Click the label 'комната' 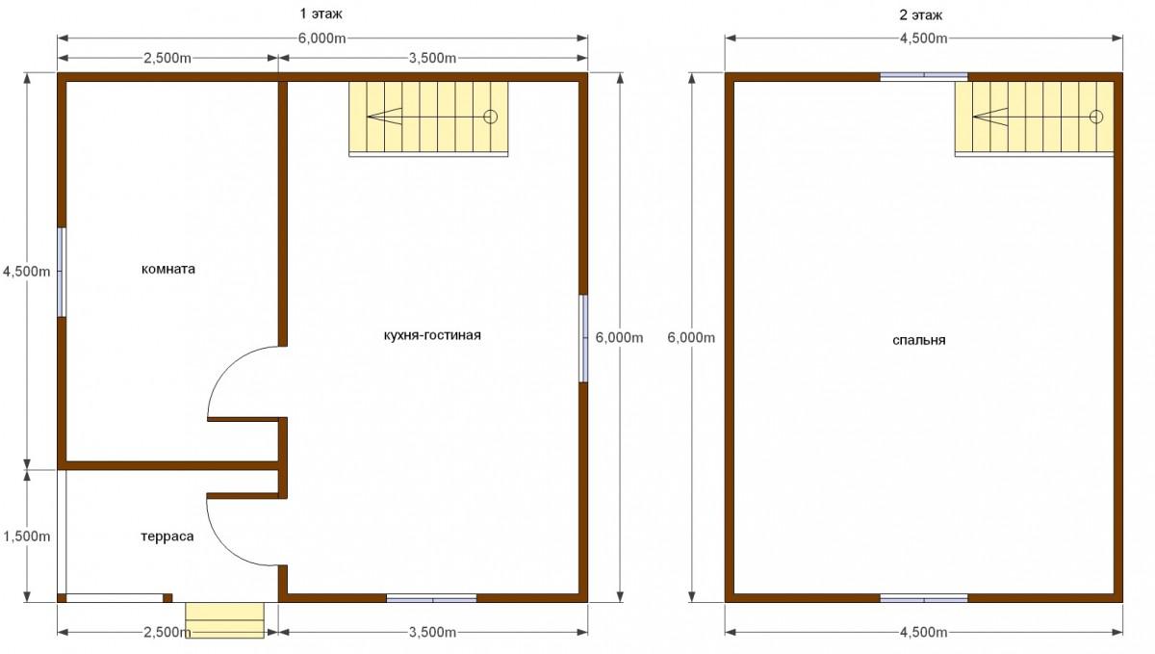168,269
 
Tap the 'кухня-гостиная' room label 432,335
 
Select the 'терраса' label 167,536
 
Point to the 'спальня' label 919,341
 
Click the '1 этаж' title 321,13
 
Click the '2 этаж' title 921,15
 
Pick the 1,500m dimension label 27,536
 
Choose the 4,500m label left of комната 27,272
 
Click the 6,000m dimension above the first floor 321,39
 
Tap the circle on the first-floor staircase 490,118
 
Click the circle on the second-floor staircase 1096,118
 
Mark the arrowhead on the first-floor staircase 384,117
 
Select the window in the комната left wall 62,272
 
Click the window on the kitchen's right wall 583,339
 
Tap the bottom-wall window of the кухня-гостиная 431,598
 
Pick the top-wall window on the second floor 923,77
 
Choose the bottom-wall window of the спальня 923,598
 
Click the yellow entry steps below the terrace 225,620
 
